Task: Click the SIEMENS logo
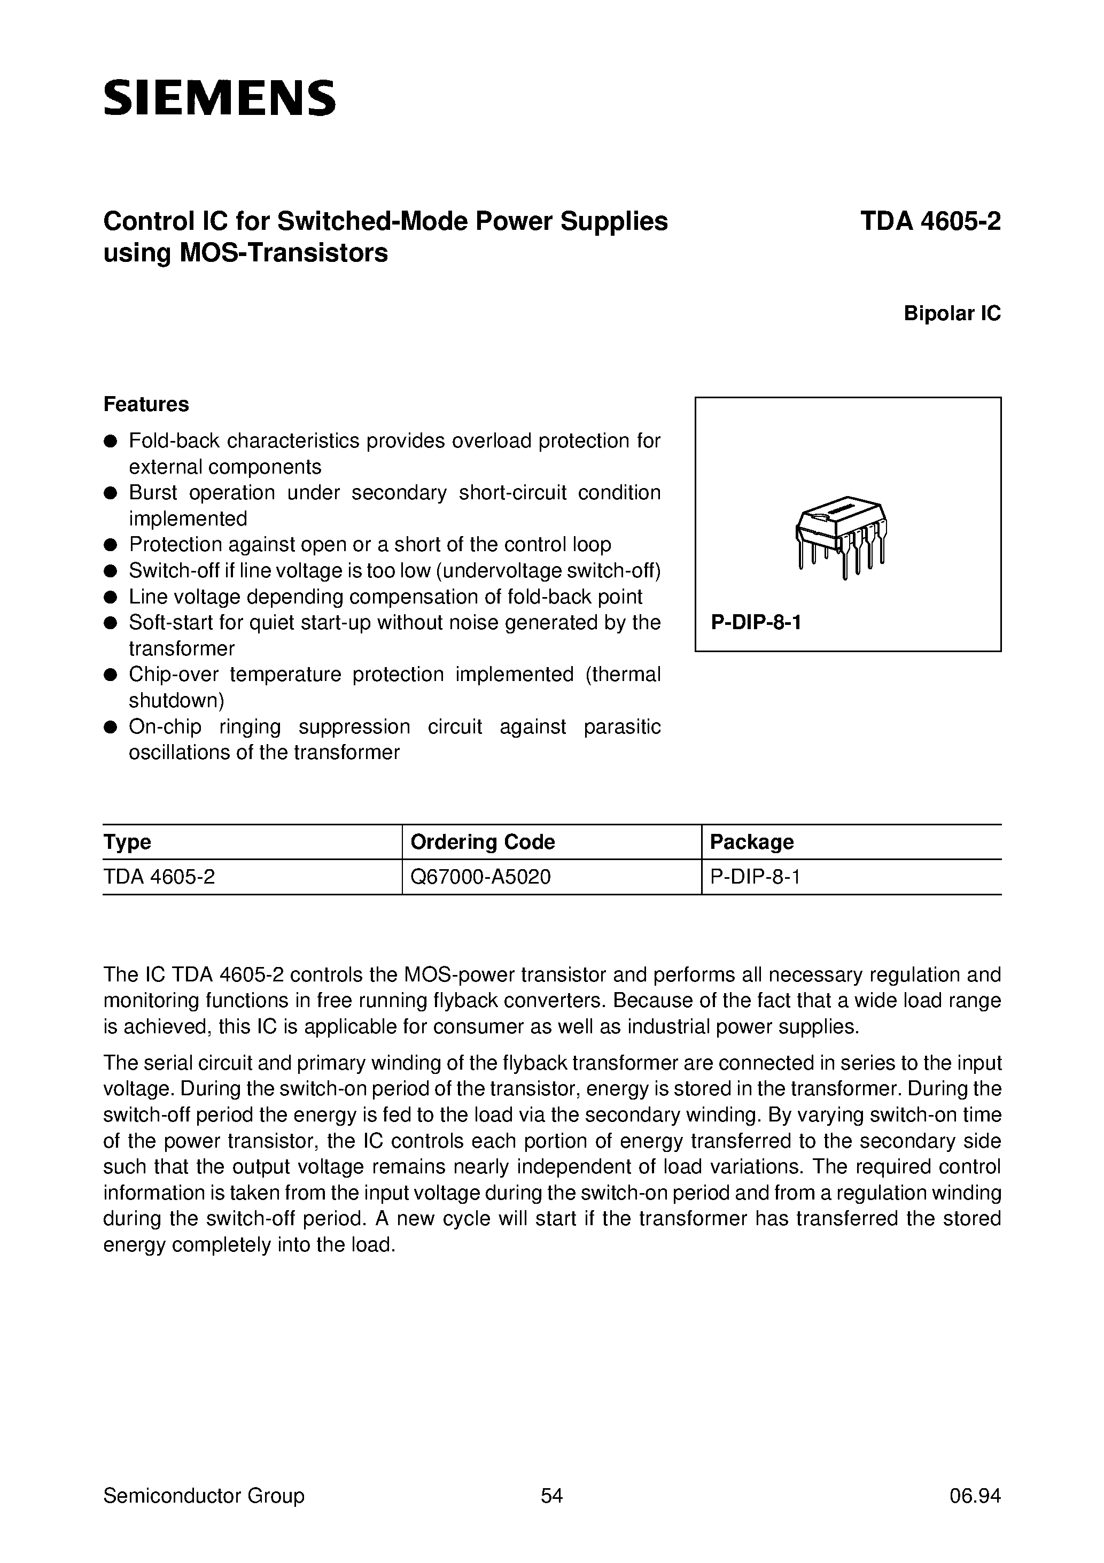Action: coord(219,98)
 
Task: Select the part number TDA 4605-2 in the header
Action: coord(930,222)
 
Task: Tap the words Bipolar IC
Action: coord(952,313)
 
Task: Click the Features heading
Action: coord(146,404)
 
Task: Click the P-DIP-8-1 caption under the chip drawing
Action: coord(756,622)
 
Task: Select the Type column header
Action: coord(127,842)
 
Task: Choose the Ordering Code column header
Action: coord(483,842)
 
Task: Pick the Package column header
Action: coord(751,842)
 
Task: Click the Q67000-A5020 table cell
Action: coord(480,877)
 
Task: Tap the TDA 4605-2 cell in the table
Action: coord(159,877)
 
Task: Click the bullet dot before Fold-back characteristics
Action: coord(110,441)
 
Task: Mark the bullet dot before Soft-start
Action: coord(110,623)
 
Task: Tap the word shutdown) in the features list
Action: coord(176,700)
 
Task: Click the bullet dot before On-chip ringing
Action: coord(110,727)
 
